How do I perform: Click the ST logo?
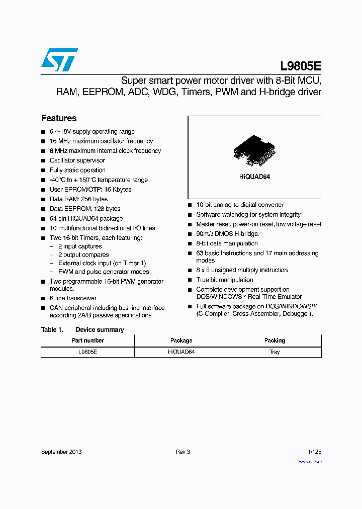(59, 60)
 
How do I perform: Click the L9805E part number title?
(301, 67)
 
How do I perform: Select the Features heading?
(59, 118)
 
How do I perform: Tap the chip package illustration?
(254, 149)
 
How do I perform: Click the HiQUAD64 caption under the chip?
(254, 177)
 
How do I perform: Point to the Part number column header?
(88, 341)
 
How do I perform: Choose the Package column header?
(181, 341)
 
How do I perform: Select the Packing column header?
(275, 341)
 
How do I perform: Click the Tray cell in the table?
(275, 352)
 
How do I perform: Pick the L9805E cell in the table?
(88, 352)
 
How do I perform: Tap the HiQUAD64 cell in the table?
(181, 352)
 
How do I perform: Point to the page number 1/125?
(314, 452)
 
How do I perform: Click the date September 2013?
(61, 452)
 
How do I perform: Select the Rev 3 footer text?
(183, 452)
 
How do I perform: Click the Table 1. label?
(52, 330)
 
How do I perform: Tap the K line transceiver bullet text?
(73, 298)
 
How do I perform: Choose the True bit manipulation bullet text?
(225, 280)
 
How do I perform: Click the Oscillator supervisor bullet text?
(77, 160)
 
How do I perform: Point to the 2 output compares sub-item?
(83, 255)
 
